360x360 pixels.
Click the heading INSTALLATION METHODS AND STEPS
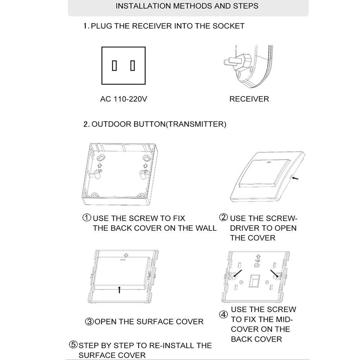pos(187,6)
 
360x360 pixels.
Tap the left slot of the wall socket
pos(114,66)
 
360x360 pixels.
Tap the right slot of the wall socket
pos(132,66)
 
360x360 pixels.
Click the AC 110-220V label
pos(123,99)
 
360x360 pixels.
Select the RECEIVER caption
pos(249,99)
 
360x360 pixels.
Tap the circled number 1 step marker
pos(87,218)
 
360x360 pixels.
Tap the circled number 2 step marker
pos(224,218)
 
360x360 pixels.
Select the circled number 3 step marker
pos(89,321)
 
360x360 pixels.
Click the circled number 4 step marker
pos(224,315)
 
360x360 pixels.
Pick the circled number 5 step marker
pos(73,345)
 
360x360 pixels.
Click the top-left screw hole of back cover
pos(101,158)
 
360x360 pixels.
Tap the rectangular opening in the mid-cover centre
pos(256,281)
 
